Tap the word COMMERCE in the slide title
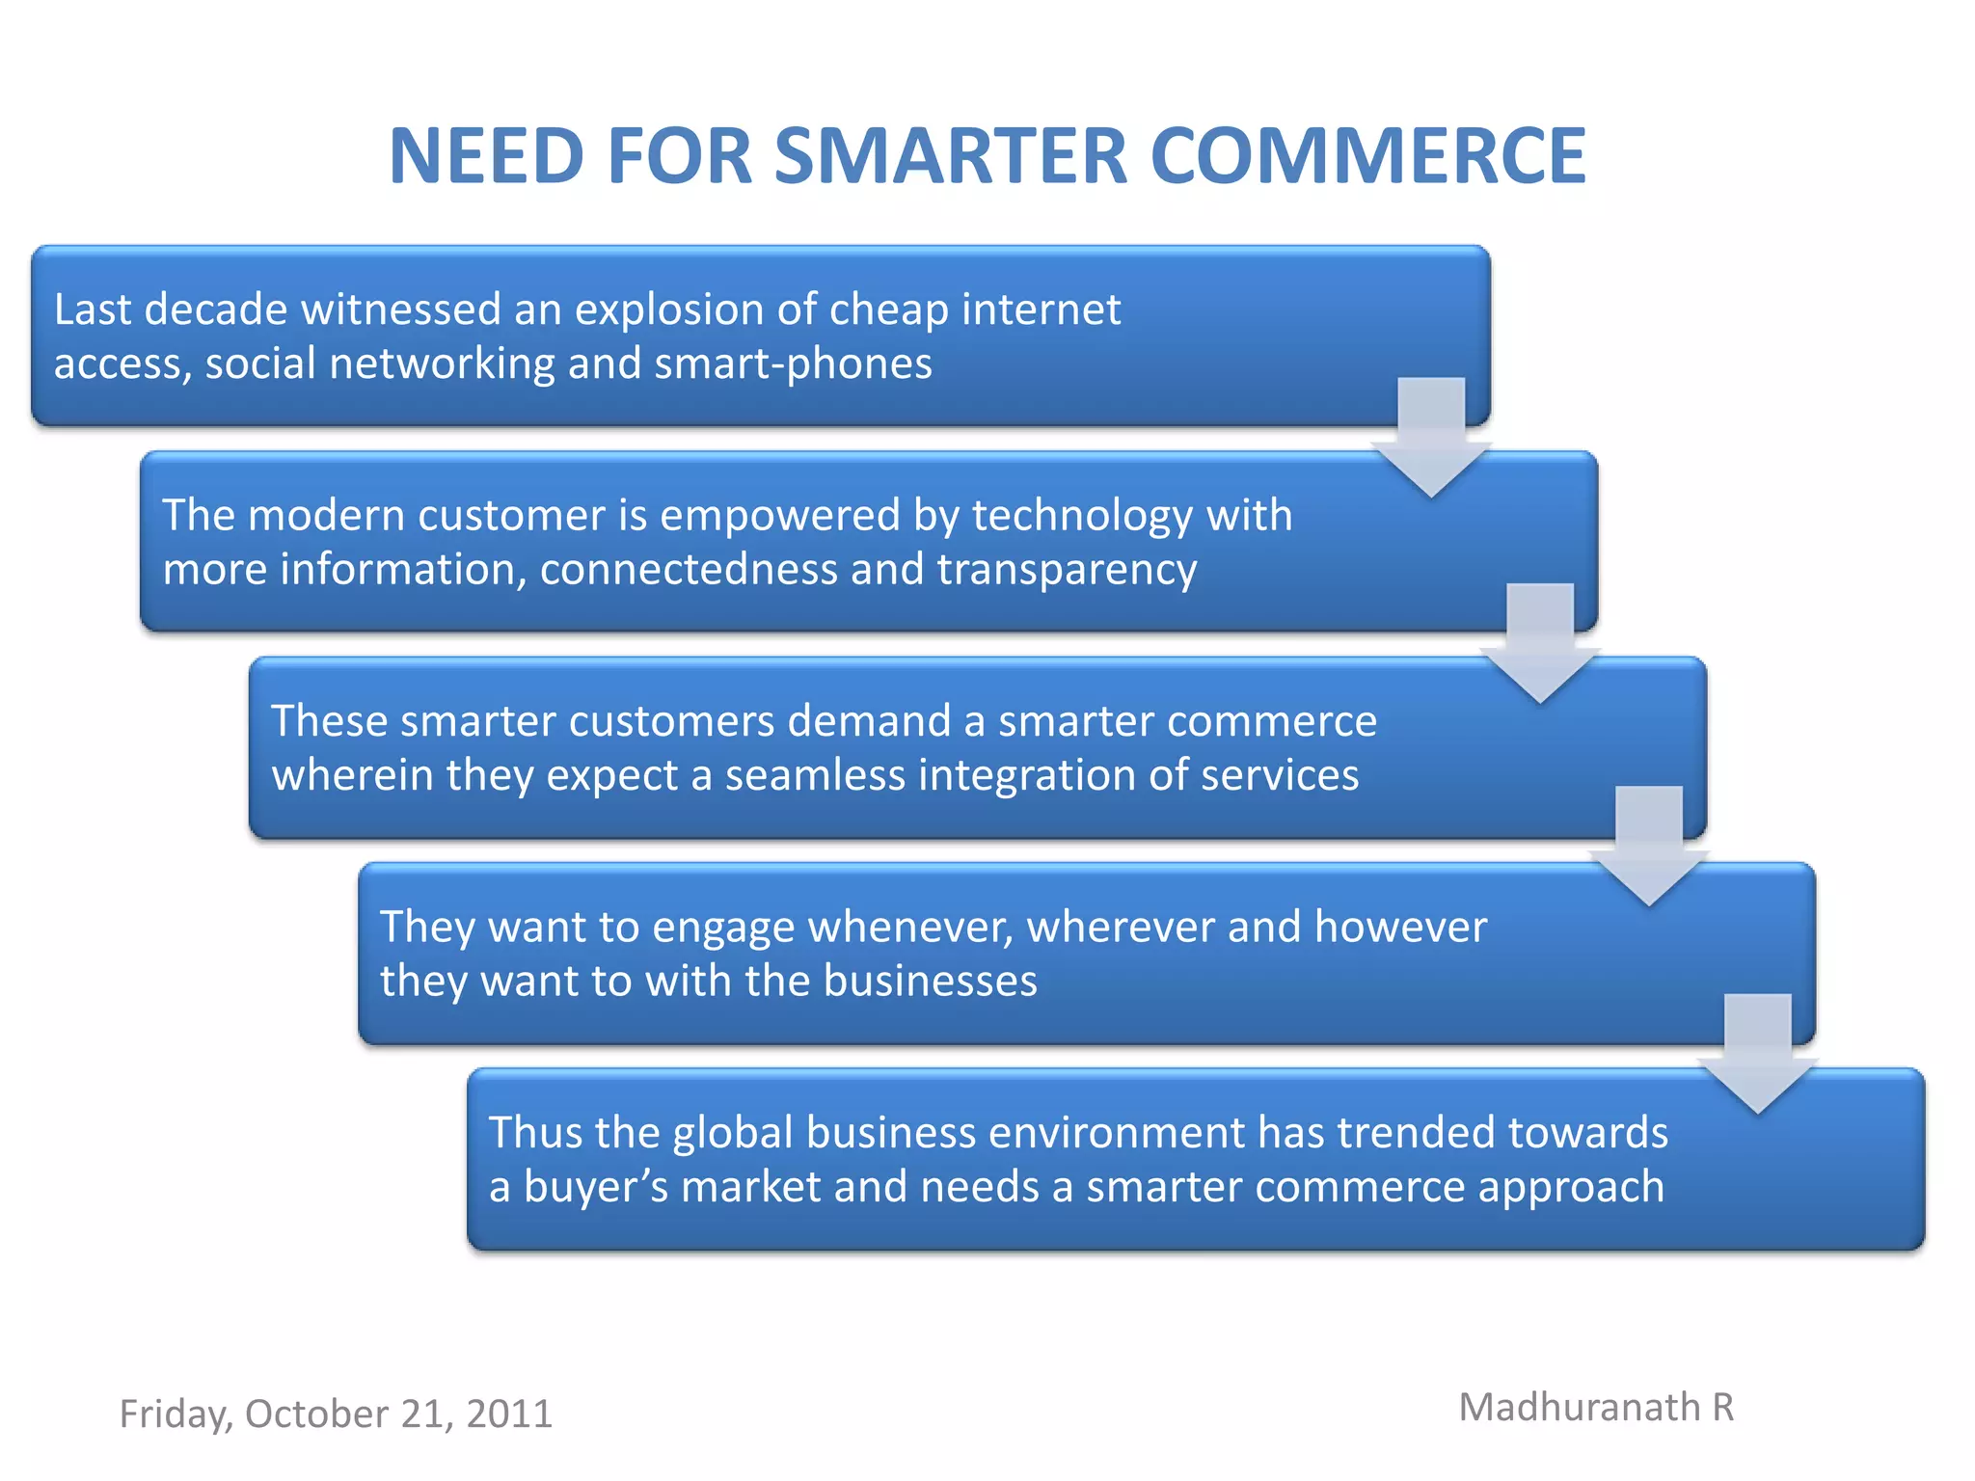1367,156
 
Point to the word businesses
930,981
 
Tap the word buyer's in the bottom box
595,1186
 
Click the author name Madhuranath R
1596,1408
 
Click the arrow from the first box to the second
1431,439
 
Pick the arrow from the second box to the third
1540,644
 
